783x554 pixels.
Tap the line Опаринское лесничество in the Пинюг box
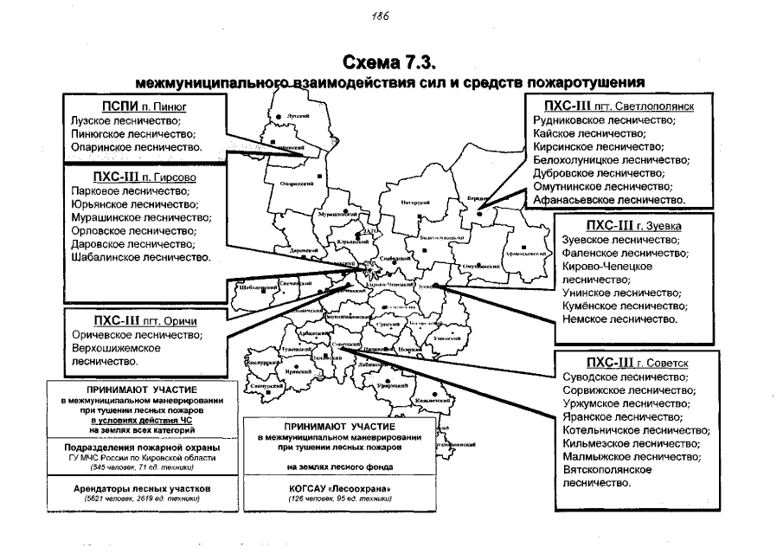tap(136, 149)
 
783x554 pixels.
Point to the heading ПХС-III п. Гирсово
tap(144, 177)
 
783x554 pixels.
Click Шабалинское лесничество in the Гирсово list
tap(142, 258)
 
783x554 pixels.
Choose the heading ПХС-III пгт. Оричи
tap(142, 321)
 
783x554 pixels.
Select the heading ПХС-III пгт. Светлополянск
tap(615, 106)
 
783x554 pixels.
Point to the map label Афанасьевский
tap(524, 253)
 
